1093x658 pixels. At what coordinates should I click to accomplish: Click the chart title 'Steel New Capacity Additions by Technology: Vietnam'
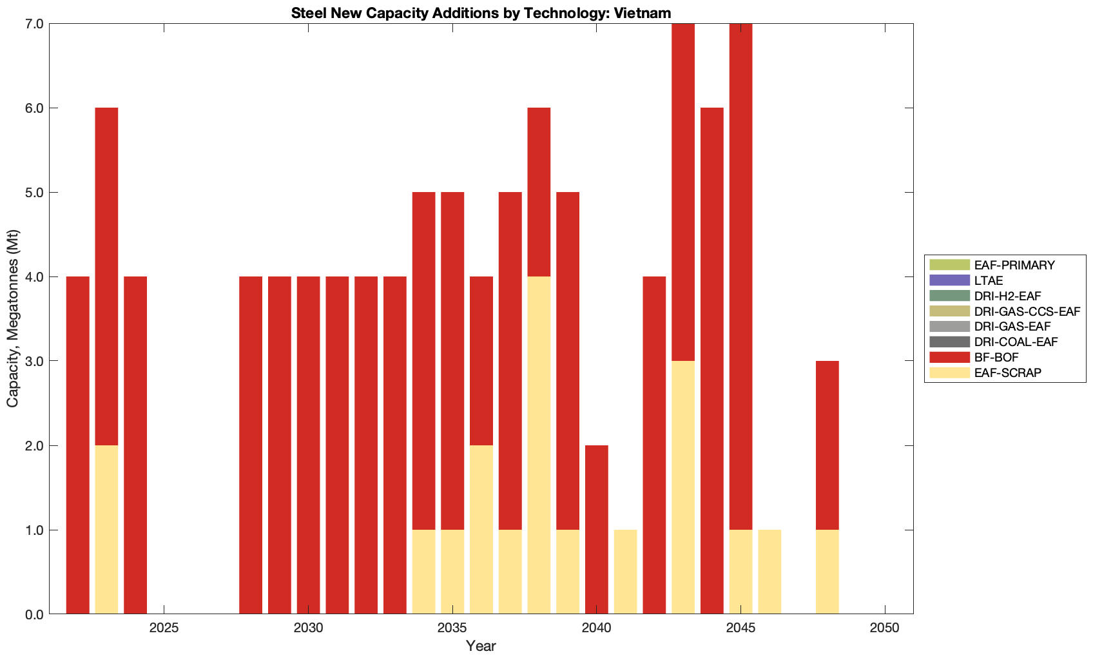pyautogui.click(x=481, y=13)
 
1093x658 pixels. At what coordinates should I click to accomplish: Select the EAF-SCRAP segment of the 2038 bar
pyautogui.click(x=539, y=445)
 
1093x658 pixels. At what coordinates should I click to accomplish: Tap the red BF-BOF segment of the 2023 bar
pyautogui.click(x=106, y=276)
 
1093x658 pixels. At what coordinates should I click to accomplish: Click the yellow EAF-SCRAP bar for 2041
pyautogui.click(x=625, y=572)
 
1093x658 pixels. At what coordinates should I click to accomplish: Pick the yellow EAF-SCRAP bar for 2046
pyautogui.click(x=769, y=572)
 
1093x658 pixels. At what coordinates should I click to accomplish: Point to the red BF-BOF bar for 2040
pyautogui.click(x=597, y=530)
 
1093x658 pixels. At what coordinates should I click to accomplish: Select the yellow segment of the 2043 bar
pyautogui.click(x=683, y=487)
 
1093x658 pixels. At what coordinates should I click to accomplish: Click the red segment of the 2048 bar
pyautogui.click(x=827, y=445)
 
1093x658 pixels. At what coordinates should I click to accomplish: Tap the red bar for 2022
pyautogui.click(x=78, y=445)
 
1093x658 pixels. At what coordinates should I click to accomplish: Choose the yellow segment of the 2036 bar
pyautogui.click(x=481, y=530)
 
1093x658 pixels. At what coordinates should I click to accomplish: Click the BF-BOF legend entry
pyautogui.click(x=996, y=357)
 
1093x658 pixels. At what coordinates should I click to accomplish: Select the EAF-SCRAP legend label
pyautogui.click(x=1007, y=373)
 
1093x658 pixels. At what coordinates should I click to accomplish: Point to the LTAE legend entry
pyautogui.click(x=989, y=280)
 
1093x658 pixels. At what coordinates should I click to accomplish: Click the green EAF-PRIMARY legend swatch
pyautogui.click(x=949, y=265)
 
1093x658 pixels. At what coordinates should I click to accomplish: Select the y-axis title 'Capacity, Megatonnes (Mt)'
pyautogui.click(x=13, y=318)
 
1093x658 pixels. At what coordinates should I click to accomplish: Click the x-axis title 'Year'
pyautogui.click(x=481, y=646)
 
